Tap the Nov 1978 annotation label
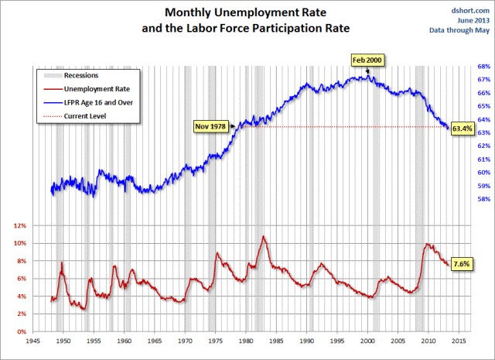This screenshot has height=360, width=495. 210,125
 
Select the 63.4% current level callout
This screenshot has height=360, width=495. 463,128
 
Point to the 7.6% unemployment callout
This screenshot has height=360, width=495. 463,264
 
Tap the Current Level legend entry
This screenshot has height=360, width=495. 85,115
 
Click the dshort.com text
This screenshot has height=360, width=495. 470,10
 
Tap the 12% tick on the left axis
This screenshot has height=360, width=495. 19,226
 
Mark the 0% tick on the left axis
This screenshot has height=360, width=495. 22,332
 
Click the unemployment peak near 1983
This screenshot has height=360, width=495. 264,236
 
